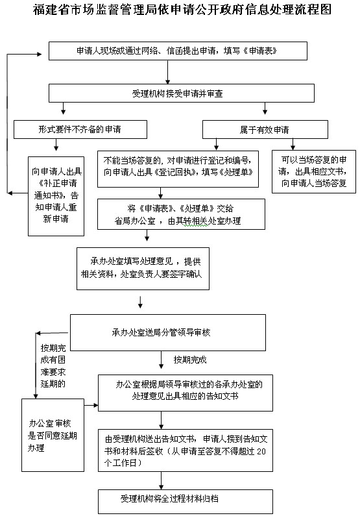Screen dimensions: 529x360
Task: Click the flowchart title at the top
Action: [x=180, y=11]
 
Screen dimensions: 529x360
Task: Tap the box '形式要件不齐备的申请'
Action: [x=79, y=129]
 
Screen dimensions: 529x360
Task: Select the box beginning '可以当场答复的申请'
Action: [x=313, y=171]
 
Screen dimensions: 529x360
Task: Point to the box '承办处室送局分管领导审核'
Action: [x=167, y=332]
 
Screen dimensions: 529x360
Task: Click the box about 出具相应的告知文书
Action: [x=186, y=393]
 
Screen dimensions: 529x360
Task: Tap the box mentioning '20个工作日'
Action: [x=186, y=448]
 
